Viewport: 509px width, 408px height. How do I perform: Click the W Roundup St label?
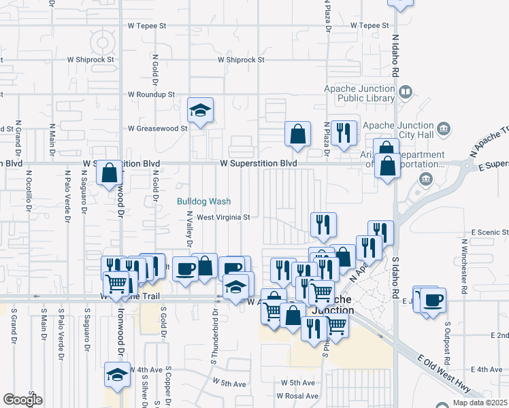coord(151,95)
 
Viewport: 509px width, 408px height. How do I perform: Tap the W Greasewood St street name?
coord(157,128)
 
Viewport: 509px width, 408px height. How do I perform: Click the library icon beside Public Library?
coord(406,91)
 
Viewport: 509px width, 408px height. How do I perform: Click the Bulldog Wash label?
coord(204,201)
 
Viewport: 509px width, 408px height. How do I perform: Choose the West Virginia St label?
coord(224,218)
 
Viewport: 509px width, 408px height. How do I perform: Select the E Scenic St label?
coord(484,232)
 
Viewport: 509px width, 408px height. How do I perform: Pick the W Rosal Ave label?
coord(297,396)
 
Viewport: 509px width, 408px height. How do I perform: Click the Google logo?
coord(22,399)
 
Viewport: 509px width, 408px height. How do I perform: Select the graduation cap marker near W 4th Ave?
coord(117,374)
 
